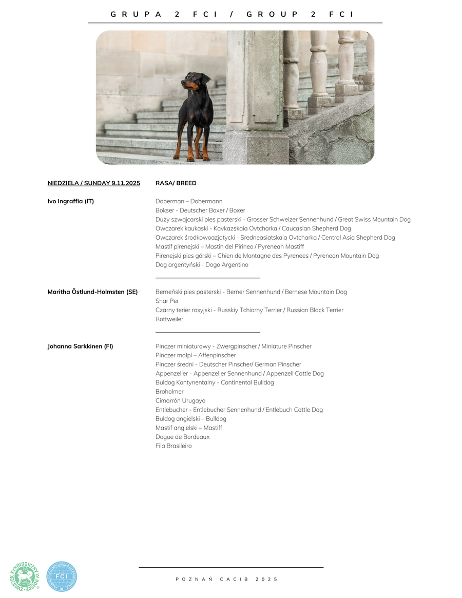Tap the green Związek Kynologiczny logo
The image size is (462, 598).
(x=25, y=576)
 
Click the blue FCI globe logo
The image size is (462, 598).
(x=62, y=576)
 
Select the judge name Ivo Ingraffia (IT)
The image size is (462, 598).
(x=71, y=201)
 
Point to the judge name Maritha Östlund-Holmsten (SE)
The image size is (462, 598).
(x=92, y=292)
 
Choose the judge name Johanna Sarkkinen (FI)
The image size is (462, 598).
(x=80, y=346)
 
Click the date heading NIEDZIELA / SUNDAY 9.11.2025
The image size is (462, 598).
(x=93, y=183)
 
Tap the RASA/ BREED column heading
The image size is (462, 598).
(x=176, y=183)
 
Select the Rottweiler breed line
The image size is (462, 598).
(x=169, y=319)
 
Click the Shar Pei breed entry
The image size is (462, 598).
(x=167, y=301)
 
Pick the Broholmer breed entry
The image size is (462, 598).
(x=169, y=392)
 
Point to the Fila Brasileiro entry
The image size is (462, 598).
(x=174, y=446)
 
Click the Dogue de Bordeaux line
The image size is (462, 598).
(x=182, y=437)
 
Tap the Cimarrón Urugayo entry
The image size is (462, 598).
(x=180, y=401)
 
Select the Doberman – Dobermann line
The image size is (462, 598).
(x=189, y=201)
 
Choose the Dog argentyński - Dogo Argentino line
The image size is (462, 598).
(x=202, y=265)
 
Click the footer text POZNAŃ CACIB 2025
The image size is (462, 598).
(x=226, y=579)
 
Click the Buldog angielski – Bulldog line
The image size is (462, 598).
(x=191, y=419)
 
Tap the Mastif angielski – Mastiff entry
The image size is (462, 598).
(x=189, y=428)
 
